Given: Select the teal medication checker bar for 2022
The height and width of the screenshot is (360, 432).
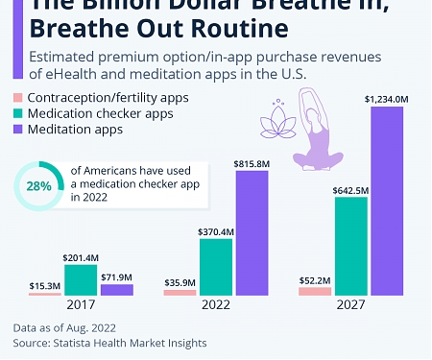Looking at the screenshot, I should click(x=216, y=266).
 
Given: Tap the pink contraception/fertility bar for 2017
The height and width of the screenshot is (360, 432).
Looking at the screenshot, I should click(x=45, y=294).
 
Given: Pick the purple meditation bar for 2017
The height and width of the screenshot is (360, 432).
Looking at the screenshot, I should click(x=117, y=289).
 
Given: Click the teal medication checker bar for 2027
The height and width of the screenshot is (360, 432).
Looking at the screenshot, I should click(x=350, y=245).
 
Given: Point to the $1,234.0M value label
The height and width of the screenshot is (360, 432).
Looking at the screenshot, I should click(x=387, y=97).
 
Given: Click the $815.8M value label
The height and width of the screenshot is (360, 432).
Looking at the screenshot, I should click(x=252, y=164).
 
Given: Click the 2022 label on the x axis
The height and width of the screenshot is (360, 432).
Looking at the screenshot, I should click(x=217, y=305).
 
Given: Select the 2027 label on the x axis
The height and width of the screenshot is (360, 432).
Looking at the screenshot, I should click(x=351, y=305).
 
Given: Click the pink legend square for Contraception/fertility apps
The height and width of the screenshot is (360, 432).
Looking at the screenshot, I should click(x=17, y=98).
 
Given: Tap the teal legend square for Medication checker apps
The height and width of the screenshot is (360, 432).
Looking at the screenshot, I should click(x=17, y=114).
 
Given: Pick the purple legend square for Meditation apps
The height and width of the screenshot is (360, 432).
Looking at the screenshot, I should click(x=17, y=130).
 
